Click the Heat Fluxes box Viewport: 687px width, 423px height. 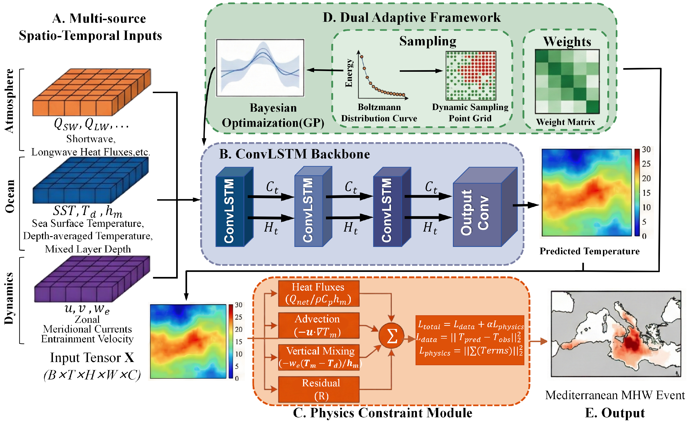[319, 293]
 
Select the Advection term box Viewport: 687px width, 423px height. [319, 325]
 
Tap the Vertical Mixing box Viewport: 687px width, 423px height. [319, 357]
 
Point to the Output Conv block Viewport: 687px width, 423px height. [485, 207]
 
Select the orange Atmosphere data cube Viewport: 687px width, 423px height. [92, 92]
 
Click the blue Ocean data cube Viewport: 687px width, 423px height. [90, 180]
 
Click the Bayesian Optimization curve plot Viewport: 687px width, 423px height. [260, 68]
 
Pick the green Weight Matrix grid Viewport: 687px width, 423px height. [567, 81]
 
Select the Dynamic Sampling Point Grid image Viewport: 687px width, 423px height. [471, 75]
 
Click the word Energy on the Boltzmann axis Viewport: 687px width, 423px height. [349, 73]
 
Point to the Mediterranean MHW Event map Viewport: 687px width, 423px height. [616, 334]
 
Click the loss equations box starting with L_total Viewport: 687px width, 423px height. [470, 340]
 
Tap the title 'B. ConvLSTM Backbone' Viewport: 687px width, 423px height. [294, 154]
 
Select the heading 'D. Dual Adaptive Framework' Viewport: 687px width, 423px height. [411, 17]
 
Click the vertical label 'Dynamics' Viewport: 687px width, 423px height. [9, 299]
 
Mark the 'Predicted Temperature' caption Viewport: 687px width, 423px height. [589, 251]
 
